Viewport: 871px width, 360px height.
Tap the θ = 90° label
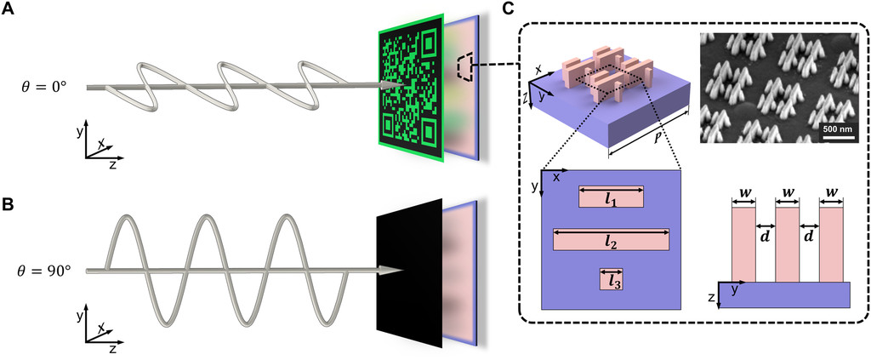pos(56,271)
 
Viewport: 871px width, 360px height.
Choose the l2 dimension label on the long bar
pos(610,240)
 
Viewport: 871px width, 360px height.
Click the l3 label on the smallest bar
pos(611,279)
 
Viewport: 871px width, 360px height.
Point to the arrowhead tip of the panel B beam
pos(400,271)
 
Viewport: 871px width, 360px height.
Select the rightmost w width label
pos(831,193)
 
